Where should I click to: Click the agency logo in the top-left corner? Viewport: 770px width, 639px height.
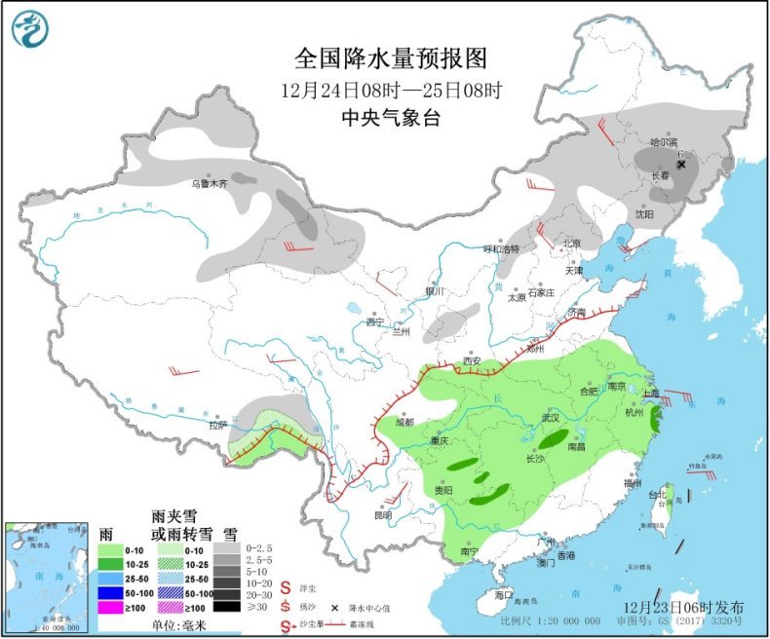(x=29, y=29)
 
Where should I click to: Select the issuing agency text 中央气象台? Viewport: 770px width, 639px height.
(x=390, y=118)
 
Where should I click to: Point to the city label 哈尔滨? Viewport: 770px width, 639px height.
(x=666, y=141)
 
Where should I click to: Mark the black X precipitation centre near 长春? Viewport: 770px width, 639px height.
(x=681, y=165)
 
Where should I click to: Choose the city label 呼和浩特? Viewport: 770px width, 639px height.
(x=503, y=248)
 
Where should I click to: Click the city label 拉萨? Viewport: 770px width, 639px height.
(x=216, y=424)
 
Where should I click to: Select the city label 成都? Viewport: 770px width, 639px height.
(x=405, y=422)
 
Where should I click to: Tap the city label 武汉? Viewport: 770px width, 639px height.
(x=552, y=418)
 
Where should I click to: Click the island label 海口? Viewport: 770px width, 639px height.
(x=503, y=593)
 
